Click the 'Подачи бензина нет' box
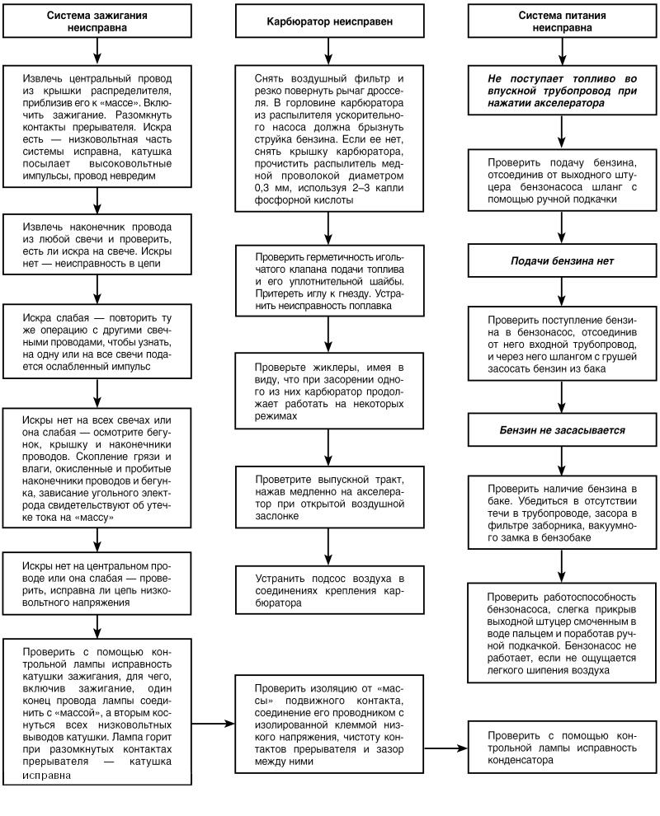561,261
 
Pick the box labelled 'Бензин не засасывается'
561,430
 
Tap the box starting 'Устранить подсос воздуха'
329,589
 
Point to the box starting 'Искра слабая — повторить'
97,342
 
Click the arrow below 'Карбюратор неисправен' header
329,51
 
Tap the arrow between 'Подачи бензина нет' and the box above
561,232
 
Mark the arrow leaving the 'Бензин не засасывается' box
561,460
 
